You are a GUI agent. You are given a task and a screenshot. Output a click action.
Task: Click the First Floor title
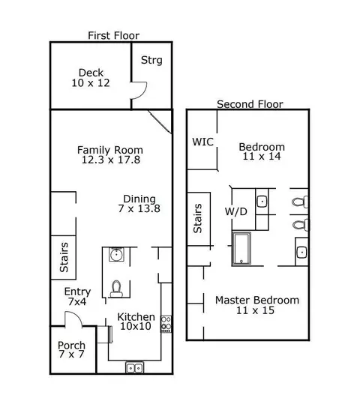click(113, 35)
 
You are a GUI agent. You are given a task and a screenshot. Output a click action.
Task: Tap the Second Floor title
click(250, 104)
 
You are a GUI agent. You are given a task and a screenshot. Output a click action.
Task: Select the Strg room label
click(151, 60)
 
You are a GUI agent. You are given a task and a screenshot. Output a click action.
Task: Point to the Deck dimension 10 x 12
click(91, 83)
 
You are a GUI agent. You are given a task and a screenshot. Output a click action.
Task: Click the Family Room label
click(110, 150)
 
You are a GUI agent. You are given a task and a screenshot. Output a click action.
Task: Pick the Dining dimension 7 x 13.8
click(139, 208)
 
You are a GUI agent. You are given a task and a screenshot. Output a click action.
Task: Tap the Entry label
click(77, 292)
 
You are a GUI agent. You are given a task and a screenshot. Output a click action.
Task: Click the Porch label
click(71, 346)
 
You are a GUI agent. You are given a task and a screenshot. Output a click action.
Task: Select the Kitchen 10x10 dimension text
click(136, 326)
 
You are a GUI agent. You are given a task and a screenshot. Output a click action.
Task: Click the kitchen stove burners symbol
click(166, 324)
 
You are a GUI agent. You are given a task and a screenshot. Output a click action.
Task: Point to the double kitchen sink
click(134, 367)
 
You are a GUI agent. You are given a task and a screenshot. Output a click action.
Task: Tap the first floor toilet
click(116, 289)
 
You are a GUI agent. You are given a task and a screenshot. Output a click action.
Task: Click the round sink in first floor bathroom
click(116, 254)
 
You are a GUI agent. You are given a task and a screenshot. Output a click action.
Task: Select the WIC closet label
click(202, 142)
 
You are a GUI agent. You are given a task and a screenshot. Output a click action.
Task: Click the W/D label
click(235, 211)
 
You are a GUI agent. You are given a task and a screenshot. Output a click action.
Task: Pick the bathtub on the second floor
click(241, 249)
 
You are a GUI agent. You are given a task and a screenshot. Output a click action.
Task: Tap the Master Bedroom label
click(257, 301)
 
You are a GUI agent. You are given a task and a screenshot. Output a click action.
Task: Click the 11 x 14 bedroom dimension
click(262, 156)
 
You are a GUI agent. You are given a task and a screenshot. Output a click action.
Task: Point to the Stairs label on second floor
click(198, 218)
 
